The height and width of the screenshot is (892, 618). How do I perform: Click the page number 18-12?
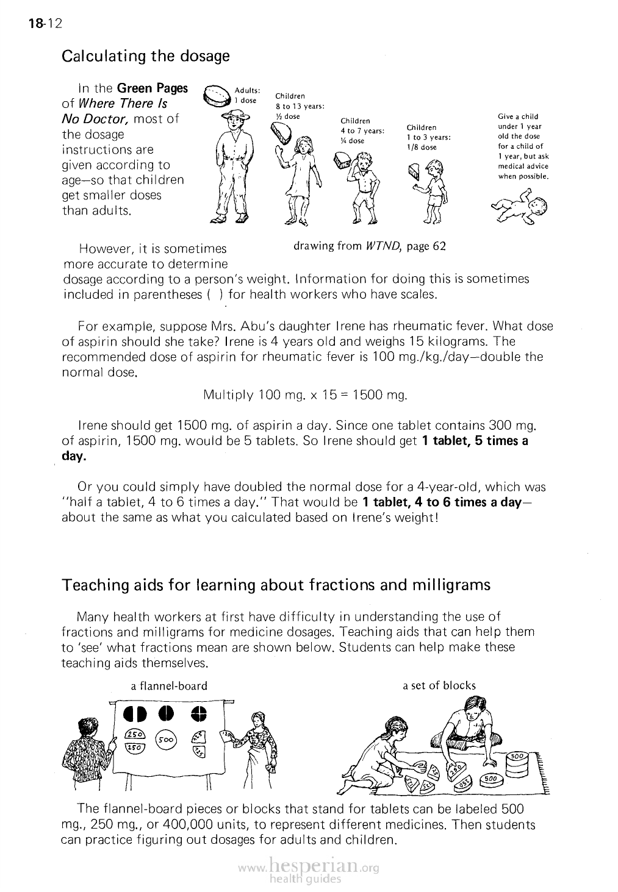[45, 24]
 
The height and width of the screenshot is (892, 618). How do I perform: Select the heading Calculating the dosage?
[146, 56]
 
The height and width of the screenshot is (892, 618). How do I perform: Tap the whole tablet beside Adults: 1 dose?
[217, 96]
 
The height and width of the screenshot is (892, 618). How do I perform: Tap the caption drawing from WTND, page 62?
[369, 246]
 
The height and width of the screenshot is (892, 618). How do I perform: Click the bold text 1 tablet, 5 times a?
[475, 441]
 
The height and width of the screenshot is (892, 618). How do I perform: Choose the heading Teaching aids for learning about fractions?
[276, 585]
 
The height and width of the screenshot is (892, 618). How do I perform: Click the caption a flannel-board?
[170, 686]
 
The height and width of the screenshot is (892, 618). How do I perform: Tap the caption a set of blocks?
[439, 685]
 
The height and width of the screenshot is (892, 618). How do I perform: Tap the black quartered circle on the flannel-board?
[199, 714]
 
